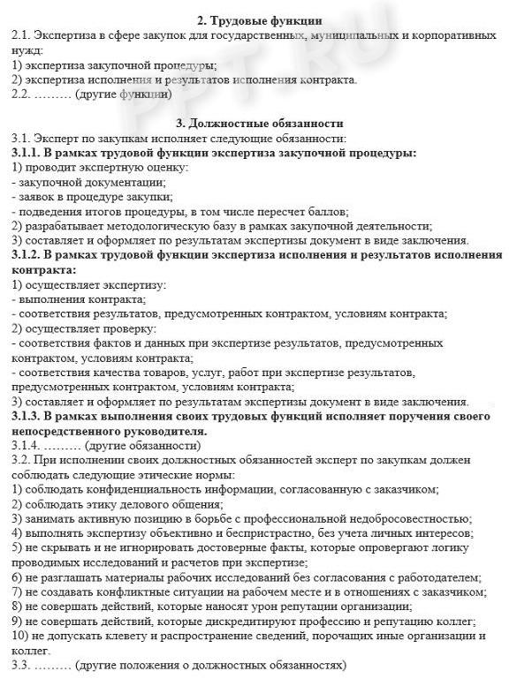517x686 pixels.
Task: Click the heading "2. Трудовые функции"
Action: (259, 19)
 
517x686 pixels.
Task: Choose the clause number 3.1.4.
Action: (27, 445)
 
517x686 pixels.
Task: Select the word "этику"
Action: (111, 503)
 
